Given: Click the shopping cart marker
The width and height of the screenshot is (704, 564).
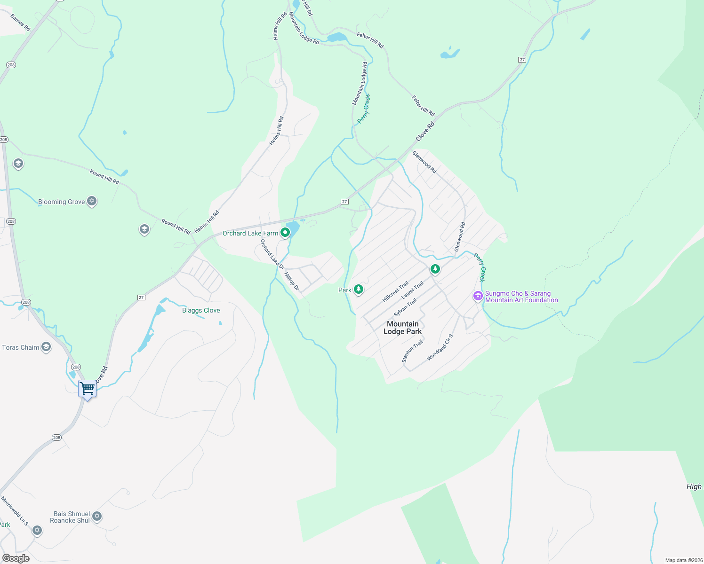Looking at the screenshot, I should pyautogui.click(x=88, y=389).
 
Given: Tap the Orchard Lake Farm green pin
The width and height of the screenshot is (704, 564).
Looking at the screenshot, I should pyautogui.click(x=285, y=233).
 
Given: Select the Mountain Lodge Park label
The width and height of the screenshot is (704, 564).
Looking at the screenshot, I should pyautogui.click(x=402, y=328).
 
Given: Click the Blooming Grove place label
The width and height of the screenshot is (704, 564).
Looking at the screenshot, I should pyautogui.click(x=62, y=202).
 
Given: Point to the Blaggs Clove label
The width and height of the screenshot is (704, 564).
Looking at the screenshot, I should pyautogui.click(x=201, y=311).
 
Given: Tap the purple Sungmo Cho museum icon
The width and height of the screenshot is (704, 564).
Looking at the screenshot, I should pyautogui.click(x=478, y=296).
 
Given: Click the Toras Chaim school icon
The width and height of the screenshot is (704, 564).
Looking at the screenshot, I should pyautogui.click(x=46, y=347).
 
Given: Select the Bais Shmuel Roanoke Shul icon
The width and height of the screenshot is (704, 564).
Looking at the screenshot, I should pyautogui.click(x=97, y=516).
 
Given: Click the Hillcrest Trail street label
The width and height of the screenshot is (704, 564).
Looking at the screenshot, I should pyautogui.click(x=395, y=292).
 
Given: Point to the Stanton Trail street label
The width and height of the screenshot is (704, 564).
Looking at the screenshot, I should pyautogui.click(x=412, y=352).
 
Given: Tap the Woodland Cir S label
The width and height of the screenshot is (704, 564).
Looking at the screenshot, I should pyautogui.click(x=440, y=347).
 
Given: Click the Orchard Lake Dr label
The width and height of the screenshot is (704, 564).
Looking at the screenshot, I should pyautogui.click(x=272, y=254).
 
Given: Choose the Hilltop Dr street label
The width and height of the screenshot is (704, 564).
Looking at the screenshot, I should pyautogui.click(x=292, y=281).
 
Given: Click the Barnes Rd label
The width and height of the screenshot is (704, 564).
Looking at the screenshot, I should pyautogui.click(x=20, y=23).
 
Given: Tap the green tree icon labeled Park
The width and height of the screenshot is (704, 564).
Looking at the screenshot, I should pyautogui.click(x=359, y=290).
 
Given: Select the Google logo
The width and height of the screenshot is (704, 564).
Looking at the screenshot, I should pyautogui.click(x=16, y=558).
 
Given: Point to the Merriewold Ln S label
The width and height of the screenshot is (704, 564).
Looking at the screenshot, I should pyautogui.click(x=15, y=511).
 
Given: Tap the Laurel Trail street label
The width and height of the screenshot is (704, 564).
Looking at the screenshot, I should pyautogui.click(x=413, y=290).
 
